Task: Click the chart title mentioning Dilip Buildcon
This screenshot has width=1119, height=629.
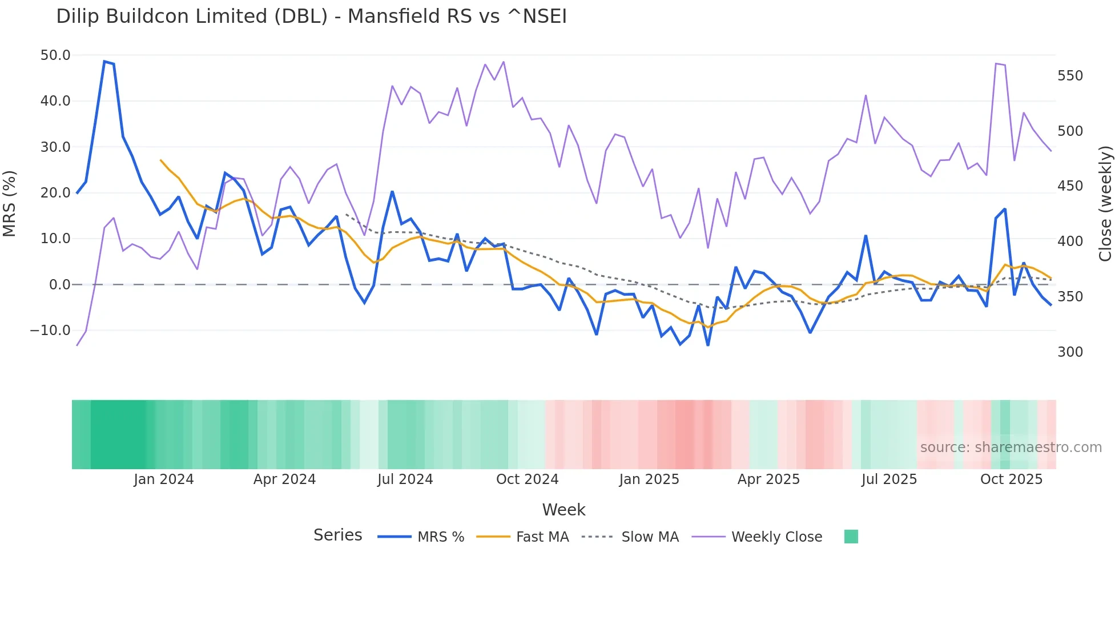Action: coord(311,16)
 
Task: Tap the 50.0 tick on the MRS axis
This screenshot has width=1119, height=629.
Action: coord(55,55)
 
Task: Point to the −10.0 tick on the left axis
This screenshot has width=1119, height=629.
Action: coord(50,330)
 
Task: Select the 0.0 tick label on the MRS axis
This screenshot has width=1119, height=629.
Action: coord(59,284)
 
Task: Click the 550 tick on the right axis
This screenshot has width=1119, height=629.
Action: coord(1070,76)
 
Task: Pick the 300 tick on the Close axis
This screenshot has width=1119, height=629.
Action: coord(1070,352)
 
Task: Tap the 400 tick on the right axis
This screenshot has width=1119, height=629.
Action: coord(1070,241)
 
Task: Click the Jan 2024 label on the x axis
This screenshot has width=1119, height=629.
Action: coord(164,479)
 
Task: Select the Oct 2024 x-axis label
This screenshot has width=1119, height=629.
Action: coord(527,479)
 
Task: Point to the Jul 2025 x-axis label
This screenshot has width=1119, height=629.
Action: coord(889,479)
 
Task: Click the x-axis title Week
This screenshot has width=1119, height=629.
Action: coord(563,510)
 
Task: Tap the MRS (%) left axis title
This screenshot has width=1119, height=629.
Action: coord(10,204)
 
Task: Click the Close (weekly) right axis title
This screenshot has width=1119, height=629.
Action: coord(1105,204)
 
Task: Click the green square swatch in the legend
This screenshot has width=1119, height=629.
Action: coord(851,537)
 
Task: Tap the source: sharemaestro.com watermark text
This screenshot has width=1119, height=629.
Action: coord(1011,447)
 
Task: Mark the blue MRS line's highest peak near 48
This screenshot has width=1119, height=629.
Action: coord(104,61)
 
